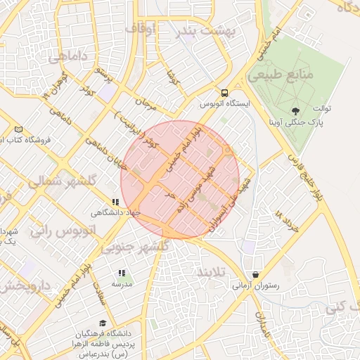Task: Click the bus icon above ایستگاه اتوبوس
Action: pyautogui.click(x=224, y=93)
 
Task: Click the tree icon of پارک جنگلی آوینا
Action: pyautogui.click(x=295, y=110)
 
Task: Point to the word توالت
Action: pyautogui.click(x=321, y=109)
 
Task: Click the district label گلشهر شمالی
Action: pyautogui.click(x=62, y=181)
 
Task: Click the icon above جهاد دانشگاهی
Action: pyautogui.click(x=116, y=201)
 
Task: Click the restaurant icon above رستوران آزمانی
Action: pyautogui.click(x=255, y=275)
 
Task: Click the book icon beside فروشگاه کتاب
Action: pyautogui.click(x=18, y=129)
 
